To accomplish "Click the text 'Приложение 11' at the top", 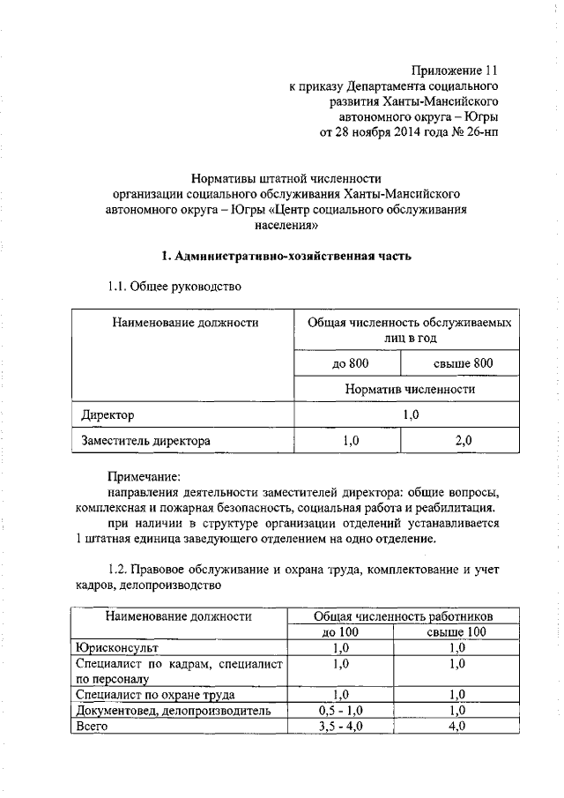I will pyautogui.click(x=458, y=70).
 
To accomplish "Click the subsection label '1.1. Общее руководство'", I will pyautogui.click(x=173, y=287).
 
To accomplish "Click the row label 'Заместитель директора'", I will pyautogui.click(x=145, y=439).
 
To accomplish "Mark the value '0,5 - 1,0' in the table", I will pyautogui.click(x=340, y=711).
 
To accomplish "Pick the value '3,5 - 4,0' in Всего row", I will pyautogui.click(x=340, y=727).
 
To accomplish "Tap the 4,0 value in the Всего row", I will pyautogui.click(x=456, y=727).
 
